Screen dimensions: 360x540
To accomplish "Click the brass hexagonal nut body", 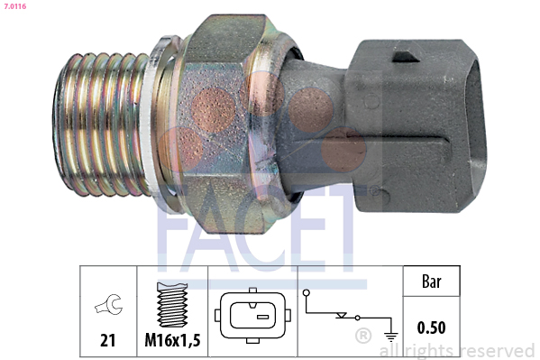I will pyautogui.click(x=225, y=117).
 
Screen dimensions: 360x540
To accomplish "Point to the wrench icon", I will pyautogui.click(x=106, y=308).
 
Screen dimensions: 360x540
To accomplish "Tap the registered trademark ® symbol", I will pyautogui.click(x=363, y=337).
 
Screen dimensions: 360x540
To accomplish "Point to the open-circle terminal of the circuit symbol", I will pyautogui.click(x=307, y=293).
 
